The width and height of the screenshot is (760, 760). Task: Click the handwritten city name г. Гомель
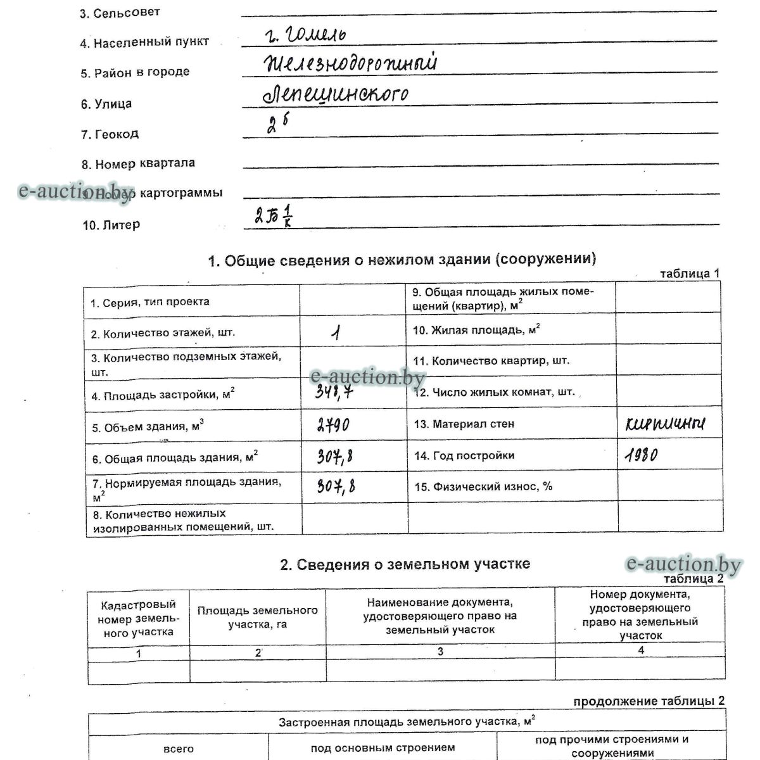pyautogui.click(x=306, y=35)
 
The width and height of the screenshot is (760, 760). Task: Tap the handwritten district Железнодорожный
pyautogui.click(x=351, y=64)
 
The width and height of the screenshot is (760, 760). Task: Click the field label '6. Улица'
pyautogui.click(x=106, y=104)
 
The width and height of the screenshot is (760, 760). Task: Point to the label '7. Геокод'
pyautogui.click(x=110, y=134)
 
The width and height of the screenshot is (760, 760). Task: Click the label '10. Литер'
pyautogui.click(x=111, y=225)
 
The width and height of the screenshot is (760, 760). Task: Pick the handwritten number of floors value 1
pyautogui.click(x=336, y=332)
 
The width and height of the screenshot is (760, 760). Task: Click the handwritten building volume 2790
pyautogui.click(x=333, y=425)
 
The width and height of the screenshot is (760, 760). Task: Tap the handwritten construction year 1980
pyautogui.click(x=641, y=455)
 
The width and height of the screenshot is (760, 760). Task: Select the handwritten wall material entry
pyautogui.click(x=664, y=424)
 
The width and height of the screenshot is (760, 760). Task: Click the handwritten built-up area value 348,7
pyautogui.click(x=334, y=393)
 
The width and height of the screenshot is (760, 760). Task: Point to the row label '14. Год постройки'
pyautogui.click(x=464, y=455)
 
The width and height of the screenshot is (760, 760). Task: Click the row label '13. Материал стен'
pyautogui.click(x=464, y=424)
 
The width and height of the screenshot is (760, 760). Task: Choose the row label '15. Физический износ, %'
pyautogui.click(x=483, y=486)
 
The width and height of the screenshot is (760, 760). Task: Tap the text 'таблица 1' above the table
pyautogui.click(x=690, y=274)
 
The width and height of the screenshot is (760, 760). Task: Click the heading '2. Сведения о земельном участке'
pyautogui.click(x=405, y=564)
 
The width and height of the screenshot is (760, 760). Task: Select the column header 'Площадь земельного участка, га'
pyautogui.click(x=257, y=617)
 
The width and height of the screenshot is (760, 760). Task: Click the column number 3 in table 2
pyautogui.click(x=440, y=651)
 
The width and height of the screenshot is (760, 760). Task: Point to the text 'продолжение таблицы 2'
pyautogui.click(x=649, y=701)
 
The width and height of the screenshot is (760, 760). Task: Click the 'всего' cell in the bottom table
pyautogui.click(x=179, y=749)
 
